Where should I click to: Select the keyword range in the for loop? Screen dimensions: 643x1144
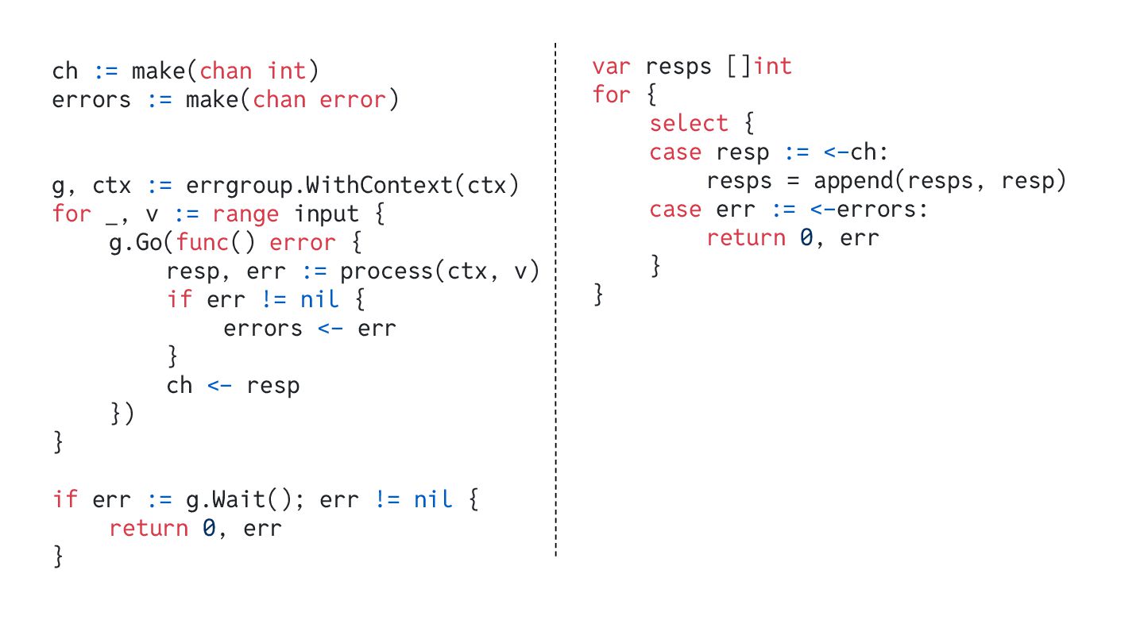coord(245,214)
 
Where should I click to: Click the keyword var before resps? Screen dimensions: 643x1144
coord(611,67)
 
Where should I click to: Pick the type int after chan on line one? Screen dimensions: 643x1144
coord(287,71)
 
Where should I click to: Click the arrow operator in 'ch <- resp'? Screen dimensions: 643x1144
coord(219,386)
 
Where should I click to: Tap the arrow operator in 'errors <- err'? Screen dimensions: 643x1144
coord(330,329)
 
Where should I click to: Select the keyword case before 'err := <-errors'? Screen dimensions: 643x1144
coord(675,210)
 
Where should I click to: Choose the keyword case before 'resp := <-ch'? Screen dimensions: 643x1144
coord(675,152)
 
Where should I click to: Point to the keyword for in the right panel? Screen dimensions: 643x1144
coord(611,95)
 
